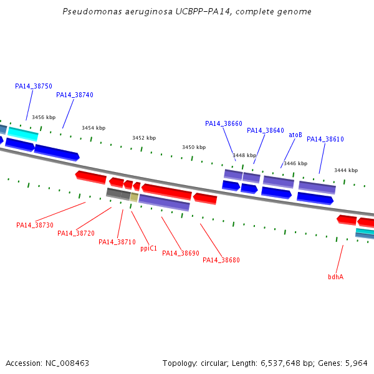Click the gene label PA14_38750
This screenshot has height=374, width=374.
point(34,86)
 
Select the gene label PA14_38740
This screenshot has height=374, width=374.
point(75,95)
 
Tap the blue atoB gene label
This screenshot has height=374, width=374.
point(295,135)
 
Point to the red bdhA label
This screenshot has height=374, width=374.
point(335,277)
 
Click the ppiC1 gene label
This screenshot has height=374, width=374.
point(148,249)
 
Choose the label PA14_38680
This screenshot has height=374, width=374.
point(221,260)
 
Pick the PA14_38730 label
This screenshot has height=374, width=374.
point(35,225)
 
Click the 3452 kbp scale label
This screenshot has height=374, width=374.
point(144,138)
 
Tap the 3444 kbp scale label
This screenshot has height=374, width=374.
point(346,170)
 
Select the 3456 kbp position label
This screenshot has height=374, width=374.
point(44,117)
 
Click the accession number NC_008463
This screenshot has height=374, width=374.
point(67,363)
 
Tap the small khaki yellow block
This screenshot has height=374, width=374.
point(134,197)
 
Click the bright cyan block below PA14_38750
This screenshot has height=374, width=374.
point(23,134)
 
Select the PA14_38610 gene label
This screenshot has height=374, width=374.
point(325,139)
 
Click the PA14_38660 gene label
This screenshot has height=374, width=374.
point(224,123)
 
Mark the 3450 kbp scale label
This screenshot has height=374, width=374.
point(194,147)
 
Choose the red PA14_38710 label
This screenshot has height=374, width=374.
point(117,242)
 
